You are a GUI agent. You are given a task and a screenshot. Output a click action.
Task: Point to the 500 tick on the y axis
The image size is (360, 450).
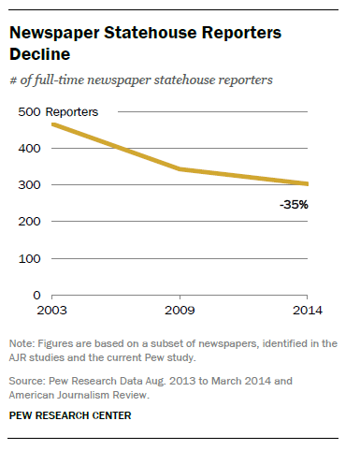[29, 111]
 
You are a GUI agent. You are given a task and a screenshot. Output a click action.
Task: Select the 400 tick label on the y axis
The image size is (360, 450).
[29, 148]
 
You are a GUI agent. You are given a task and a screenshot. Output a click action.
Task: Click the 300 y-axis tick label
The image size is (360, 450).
[29, 184]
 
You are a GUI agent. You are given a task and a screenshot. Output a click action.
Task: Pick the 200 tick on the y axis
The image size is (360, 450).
[29, 221]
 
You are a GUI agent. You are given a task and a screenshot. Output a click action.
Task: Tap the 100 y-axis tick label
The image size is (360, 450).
[29, 257]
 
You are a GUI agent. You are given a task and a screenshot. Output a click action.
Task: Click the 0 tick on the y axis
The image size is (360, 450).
[36, 295]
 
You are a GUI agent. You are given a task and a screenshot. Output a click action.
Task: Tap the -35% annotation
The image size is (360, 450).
[294, 203]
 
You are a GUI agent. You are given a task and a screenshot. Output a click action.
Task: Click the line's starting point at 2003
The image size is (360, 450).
[53, 124]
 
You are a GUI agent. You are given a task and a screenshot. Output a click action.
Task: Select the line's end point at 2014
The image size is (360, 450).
[333, 184]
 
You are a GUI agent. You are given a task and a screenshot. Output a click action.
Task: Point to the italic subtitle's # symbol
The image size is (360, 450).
[13, 80]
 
